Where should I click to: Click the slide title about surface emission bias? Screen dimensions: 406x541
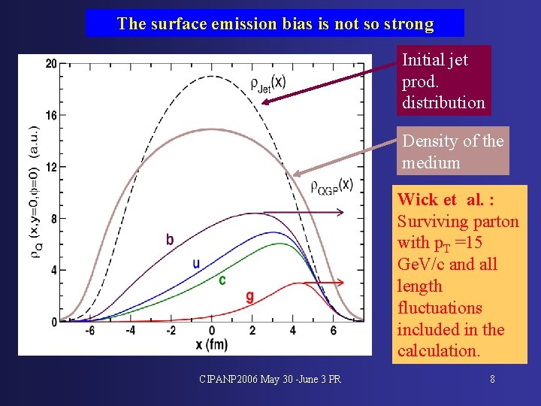[275, 23]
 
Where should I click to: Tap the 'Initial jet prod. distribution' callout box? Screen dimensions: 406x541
[443, 80]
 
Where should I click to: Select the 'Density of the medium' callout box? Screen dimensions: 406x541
[452, 151]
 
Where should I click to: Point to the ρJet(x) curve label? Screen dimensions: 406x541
[267, 83]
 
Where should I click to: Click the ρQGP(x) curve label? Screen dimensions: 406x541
[331, 185]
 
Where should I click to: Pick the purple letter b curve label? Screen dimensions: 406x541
[170, 240]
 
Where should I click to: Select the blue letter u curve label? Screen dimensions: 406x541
[196, 263]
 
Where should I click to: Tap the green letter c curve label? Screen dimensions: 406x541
[222, 280]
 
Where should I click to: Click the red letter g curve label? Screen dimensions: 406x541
[250, 297]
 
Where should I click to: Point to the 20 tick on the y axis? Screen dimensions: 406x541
[51, 64]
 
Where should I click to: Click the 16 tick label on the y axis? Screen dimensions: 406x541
[51, 115]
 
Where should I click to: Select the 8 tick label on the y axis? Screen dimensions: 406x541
[53, 218]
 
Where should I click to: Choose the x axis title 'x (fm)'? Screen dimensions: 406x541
[211, 344]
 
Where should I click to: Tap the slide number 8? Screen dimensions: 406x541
[492, 379]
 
